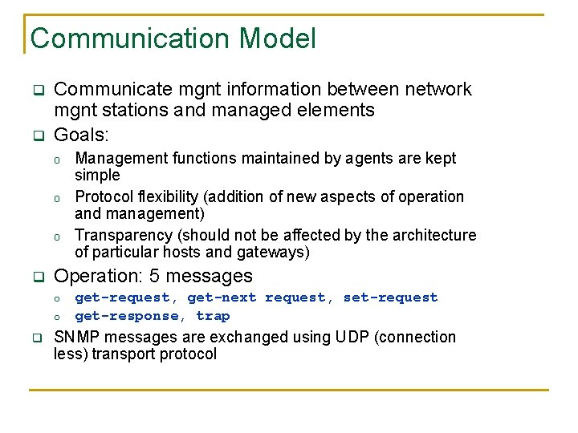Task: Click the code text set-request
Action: (x=390, y=297)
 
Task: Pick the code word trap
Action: (x=213, y=316)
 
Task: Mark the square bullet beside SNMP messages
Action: (x=36, y=338)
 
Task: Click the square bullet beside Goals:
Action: (x=36, y=136)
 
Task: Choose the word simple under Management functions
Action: (x=97, y=175)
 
